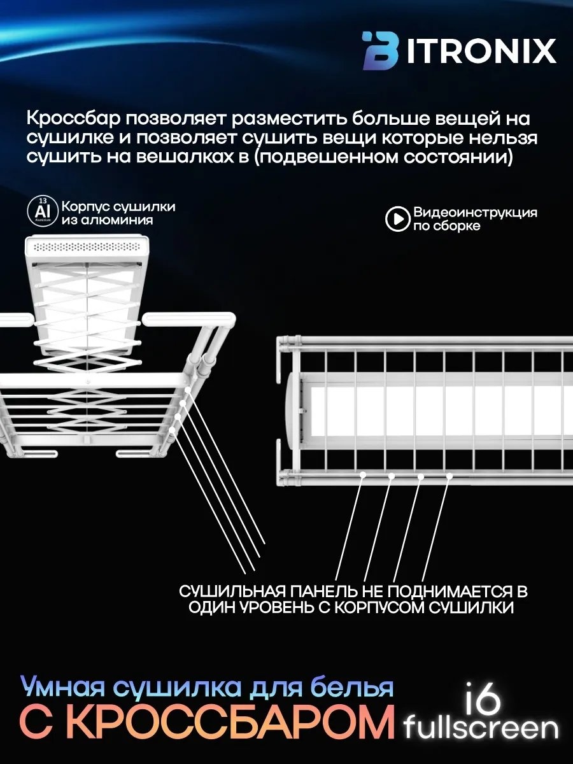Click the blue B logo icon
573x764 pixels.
381,51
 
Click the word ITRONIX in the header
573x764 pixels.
481,51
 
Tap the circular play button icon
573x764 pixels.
397,218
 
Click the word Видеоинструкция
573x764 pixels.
475,213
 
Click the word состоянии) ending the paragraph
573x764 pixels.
458,157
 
